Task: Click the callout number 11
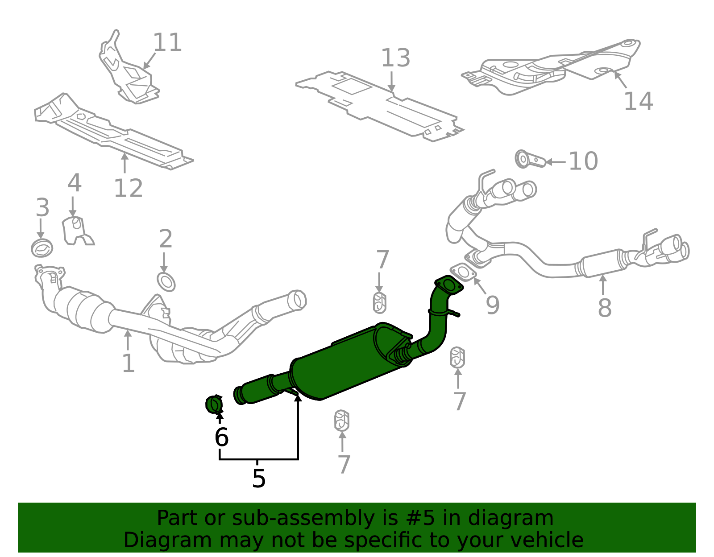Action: click(167, 43)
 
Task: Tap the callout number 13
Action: click(395, 58)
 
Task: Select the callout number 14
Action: click(638, 101)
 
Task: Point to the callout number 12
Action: click(128, 188)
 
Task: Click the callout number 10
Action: click(583, 161)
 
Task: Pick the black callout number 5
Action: click(258, 479)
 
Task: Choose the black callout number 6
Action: click(221, 437)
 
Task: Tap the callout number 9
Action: click(493, 305)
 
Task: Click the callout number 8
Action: click(605, 308)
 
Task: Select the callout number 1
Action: click(128, 363)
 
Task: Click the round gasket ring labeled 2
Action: click(166, 282)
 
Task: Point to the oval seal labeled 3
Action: click(42, 248)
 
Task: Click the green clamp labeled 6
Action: click(214, 404)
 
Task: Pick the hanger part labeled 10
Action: click(530, 159)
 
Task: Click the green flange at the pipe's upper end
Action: click(449, 285)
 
